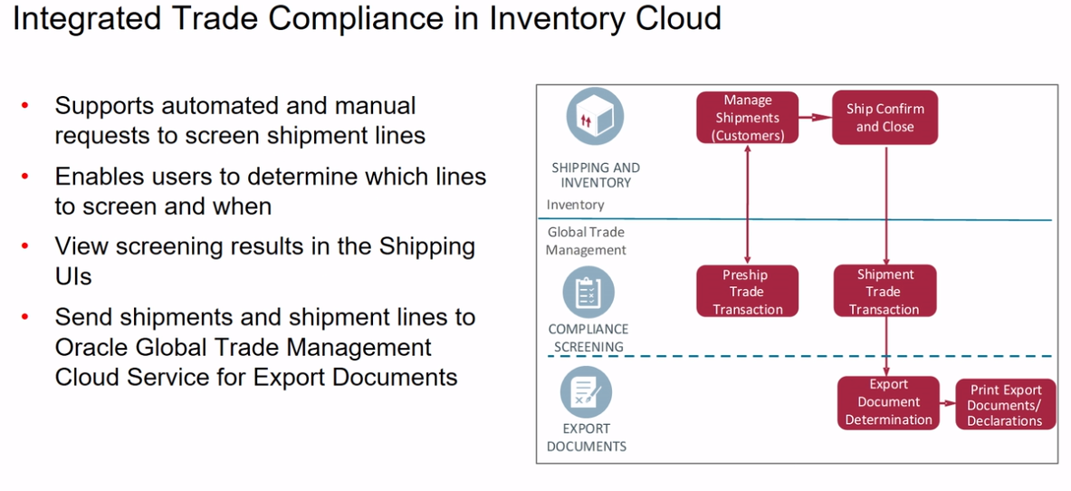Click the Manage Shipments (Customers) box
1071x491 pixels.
coord(747,118)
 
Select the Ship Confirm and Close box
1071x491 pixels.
coord(885,118)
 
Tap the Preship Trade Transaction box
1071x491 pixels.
coord(747,292)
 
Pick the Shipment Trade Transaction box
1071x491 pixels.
coord(885,292)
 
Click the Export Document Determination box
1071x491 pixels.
coord(888,402)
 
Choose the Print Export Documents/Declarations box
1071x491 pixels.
coord(1005,405)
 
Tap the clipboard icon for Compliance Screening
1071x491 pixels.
coord(588,293)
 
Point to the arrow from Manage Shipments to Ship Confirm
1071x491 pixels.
coord(815,117)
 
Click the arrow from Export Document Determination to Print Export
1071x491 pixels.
coord(947,404)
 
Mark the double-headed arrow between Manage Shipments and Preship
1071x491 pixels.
coord(748,204)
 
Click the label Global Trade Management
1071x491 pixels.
coord(586,240)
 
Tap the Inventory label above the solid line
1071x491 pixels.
coord(575,205)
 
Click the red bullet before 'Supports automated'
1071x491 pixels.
coord(25,106)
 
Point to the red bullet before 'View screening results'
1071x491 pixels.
coord(25,246)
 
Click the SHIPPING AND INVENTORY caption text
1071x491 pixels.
coord(595,175)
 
